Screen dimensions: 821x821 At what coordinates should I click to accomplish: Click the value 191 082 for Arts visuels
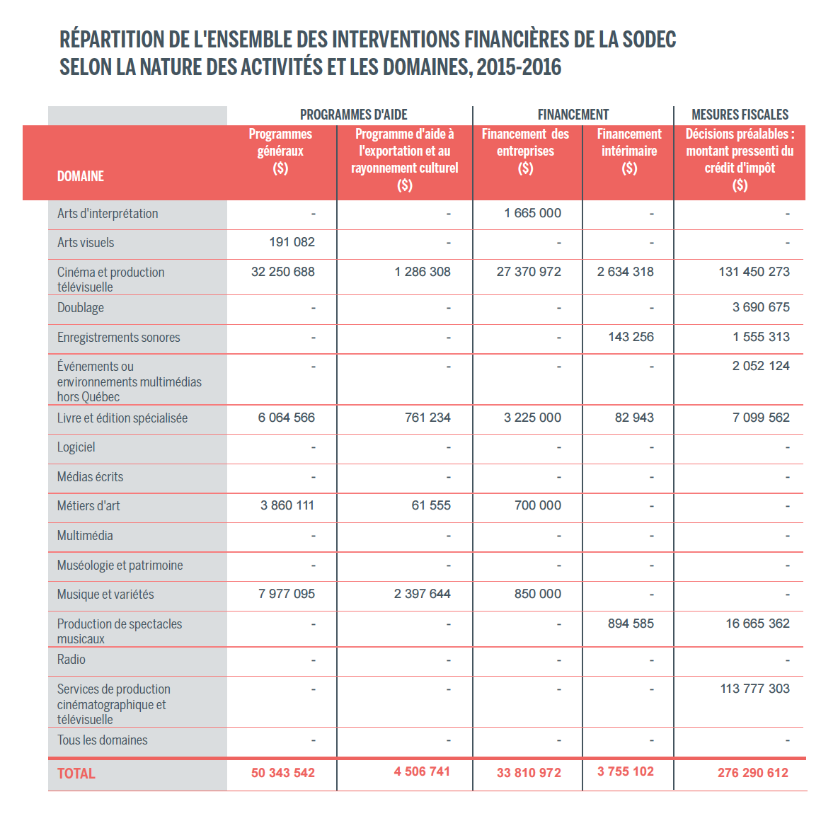pos(292,242)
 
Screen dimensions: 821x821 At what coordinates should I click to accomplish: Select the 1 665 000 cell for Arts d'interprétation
pos(532,213)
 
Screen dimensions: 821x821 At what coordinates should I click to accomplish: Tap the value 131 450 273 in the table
pos(754,272)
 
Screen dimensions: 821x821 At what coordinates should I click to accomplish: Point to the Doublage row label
pos(81,308)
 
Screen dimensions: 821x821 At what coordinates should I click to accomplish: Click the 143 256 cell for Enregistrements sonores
pos(631,337)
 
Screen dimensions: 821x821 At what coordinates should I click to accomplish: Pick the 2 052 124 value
pos(761,366)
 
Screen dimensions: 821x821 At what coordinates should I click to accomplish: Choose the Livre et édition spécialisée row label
pos(122,418)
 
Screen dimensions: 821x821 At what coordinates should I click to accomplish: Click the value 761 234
pos(427,418)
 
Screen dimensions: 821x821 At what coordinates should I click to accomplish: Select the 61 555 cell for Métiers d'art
pos(431,505)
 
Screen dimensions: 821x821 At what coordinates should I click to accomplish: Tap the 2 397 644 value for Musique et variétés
pos(422,594)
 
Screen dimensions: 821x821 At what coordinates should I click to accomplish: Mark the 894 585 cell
pos(631,624)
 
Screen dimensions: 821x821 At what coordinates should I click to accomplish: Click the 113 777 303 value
pos(754,689)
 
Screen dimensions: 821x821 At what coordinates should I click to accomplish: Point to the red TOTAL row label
pos(76,774)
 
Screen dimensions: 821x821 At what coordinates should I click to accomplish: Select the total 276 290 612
pos(752,773)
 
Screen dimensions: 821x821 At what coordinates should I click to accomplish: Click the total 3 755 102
pos(625,771)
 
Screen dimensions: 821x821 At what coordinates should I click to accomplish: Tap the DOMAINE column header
pos(81,176)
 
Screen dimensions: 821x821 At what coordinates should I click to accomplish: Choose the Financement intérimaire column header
pos(628,151)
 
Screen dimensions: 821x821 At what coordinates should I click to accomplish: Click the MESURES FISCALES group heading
pos(740,115)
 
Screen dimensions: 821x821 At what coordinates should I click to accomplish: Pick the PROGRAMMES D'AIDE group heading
pos(353,115)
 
